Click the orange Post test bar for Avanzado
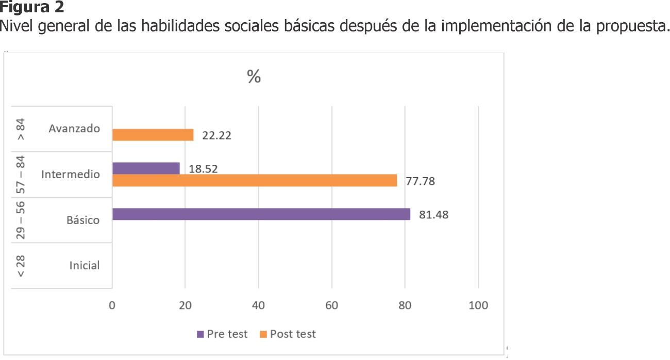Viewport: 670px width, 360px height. pos(153,135)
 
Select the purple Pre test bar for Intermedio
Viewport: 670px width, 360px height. pos(146,168)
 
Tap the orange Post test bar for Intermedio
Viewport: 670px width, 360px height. pos(254,181)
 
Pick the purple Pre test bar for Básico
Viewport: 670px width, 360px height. pos(261,214)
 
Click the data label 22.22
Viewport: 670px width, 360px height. pos(216,136)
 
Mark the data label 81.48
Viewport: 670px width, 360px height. pos(433,215)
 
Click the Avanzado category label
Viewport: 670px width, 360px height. pos(74,129)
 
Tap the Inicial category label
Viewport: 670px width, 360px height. pos(85,266)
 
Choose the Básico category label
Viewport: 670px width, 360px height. pos(83,220)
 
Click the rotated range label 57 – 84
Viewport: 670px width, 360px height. pos(21,174)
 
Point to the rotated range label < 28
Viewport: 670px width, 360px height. pos(21,266)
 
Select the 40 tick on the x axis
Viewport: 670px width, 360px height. pos(258,305)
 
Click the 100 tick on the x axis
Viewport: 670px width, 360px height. pos(478,305)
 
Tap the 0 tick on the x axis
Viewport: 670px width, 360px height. pos(112,305)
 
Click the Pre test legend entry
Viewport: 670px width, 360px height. pos(222,334)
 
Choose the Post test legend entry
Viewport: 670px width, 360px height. pos(288,334)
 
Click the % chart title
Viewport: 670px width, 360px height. pos(254,77)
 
